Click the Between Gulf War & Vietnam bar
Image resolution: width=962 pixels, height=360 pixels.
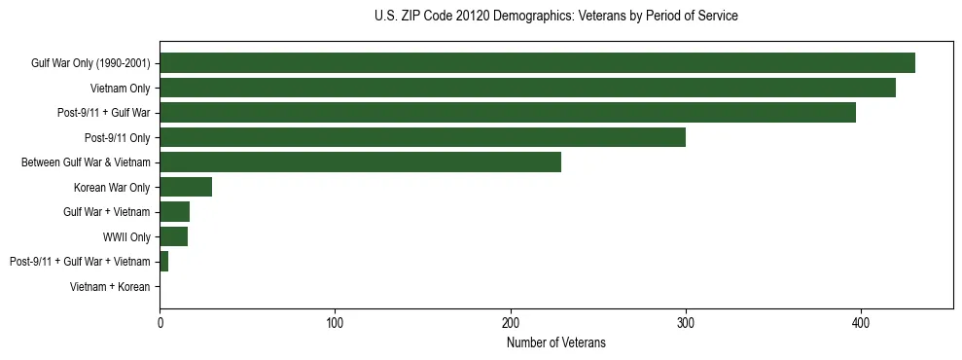tap(360, 162)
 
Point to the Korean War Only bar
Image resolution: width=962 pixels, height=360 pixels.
tap(186, 187)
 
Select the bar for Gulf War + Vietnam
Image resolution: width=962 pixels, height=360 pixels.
tap(174, 211)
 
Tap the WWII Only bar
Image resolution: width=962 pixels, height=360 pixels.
tap(173, 236)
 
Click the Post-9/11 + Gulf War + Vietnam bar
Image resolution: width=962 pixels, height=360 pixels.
tap(163, 261)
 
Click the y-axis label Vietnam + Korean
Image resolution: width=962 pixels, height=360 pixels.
tap(110, 286)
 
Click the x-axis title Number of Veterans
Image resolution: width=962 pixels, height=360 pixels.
tap(556, 342)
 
